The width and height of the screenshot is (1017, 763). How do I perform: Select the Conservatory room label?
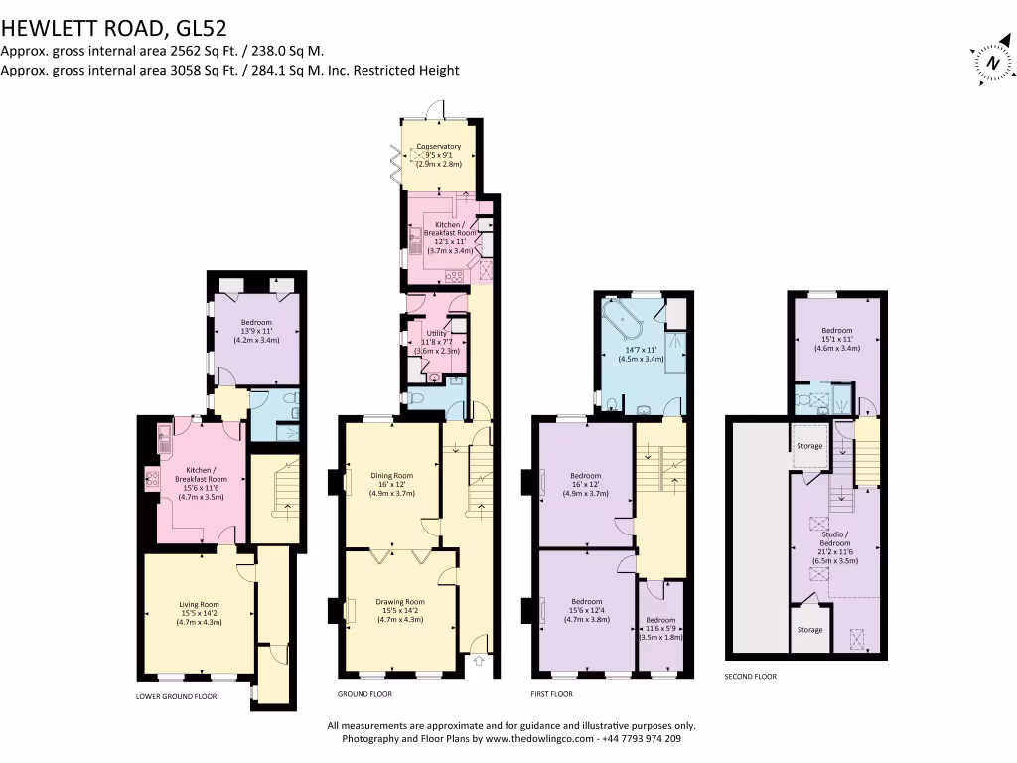click(x=438, y=147)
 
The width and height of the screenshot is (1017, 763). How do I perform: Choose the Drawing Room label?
click(x=400, y=602)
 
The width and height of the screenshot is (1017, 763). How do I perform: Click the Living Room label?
click(x=199, y=605)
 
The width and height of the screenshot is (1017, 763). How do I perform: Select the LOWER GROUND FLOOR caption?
click(x=176, y=696)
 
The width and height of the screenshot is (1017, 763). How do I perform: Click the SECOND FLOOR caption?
click(x=751, y=676)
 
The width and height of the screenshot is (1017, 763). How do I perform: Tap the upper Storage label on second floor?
click(x=809, y=446)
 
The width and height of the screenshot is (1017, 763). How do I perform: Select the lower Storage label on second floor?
click(x=809, y=629)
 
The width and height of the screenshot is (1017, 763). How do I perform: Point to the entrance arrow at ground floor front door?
click(x=478, y=660)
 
